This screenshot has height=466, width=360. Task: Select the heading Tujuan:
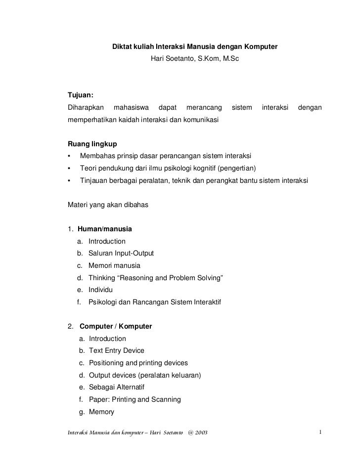point(81,95)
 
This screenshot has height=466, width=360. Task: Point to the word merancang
point(203,107)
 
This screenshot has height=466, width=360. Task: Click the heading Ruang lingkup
point(92,144)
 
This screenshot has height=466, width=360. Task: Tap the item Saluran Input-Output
point(121,254)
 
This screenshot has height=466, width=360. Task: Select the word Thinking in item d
point(102,278)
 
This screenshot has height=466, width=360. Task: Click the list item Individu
point(101,290)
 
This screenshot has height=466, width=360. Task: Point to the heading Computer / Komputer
point(116,327)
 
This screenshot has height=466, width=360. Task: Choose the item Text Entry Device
point(117,351)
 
